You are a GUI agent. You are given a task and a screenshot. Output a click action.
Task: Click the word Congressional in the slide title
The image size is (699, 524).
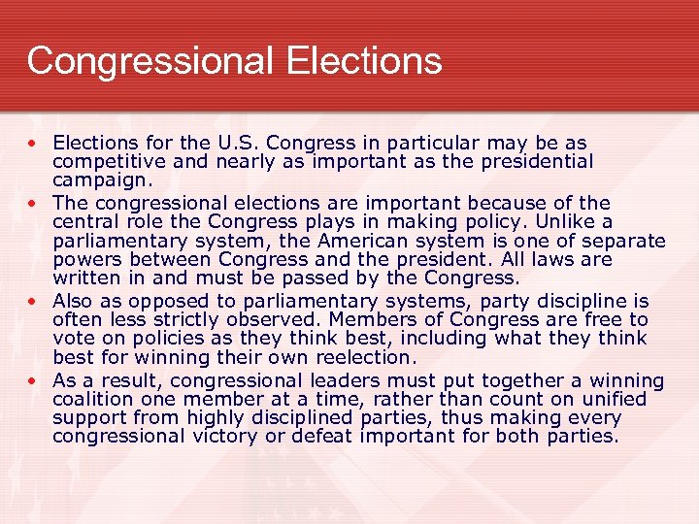150,61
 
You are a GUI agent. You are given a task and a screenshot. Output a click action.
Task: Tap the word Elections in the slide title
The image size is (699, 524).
363,61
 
